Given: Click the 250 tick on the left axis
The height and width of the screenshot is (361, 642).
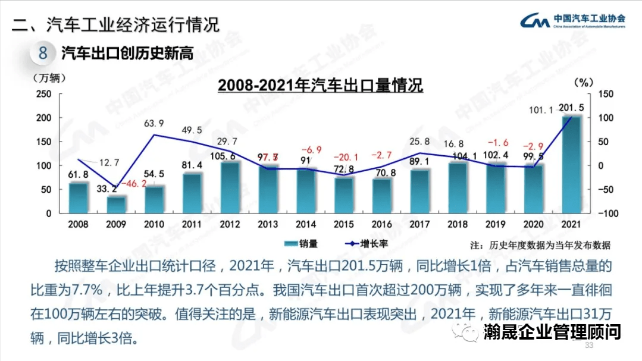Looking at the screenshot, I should [x=44, y=94].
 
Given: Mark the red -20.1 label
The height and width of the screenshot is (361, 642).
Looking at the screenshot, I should [x=346, y=157].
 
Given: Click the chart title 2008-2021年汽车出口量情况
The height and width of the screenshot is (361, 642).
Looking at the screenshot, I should [x=320, y=86].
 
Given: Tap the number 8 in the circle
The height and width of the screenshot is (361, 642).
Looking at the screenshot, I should [x=43, y=54].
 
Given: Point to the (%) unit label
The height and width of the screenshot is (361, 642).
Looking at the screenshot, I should [x=580, y=81].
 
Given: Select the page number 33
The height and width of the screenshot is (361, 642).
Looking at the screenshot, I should [x=589, y=346].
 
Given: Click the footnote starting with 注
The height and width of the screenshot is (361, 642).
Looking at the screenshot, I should [x=540, y=245].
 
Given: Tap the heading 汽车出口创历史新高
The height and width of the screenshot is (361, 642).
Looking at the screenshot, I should [x=128, y=54].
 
